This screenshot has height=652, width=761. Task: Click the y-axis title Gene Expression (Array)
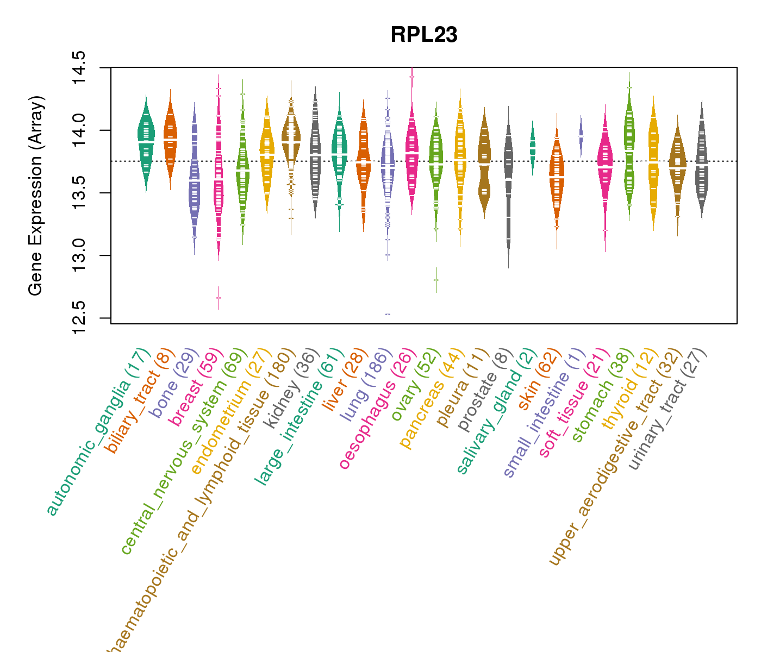36,196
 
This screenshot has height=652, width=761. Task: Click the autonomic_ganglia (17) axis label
98,432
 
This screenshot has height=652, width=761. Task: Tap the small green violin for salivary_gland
533,147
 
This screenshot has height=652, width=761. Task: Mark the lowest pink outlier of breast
219,298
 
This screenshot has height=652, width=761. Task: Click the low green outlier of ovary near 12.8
436,279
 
